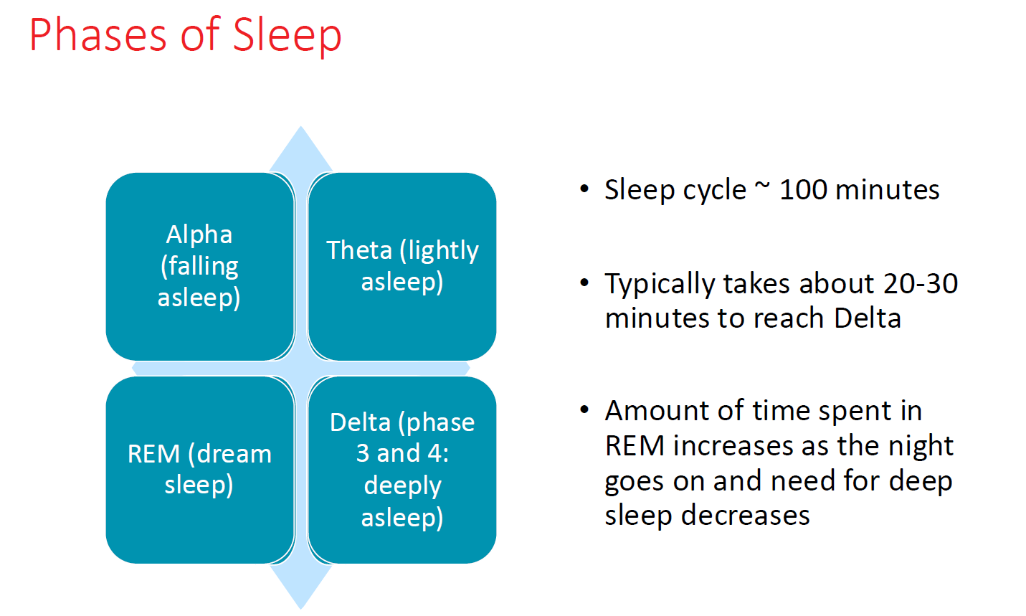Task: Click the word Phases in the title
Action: [98, 35]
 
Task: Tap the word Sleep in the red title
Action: [288, 36]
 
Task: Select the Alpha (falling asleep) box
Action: [200, 267]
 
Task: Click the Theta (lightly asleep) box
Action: [402, 267]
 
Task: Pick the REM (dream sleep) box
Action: [200, 470]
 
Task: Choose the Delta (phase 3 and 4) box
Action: [402, 470]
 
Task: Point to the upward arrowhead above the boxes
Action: [301, 149]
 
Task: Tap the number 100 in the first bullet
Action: [803, 189]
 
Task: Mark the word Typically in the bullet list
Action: [660, 285]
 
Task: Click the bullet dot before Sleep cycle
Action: [584, 189]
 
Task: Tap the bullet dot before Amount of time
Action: [584, 409]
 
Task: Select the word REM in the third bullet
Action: [635, 445]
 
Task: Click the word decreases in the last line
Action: [745, 516]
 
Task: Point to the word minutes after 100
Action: [887, 189]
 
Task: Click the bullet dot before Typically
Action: [584, 283]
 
